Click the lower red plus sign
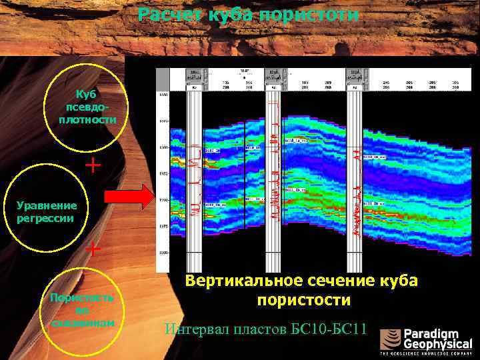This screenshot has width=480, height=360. coord(93,249)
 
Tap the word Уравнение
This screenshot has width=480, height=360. coord(47,205)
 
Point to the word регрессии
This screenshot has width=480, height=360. coord(44,218)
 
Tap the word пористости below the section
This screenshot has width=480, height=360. coord(304,301)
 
